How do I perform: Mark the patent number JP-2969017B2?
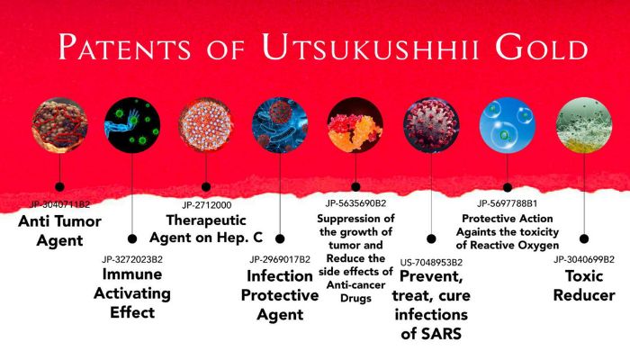280,260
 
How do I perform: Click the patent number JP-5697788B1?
508,204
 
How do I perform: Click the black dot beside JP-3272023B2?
132,239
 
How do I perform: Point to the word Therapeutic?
206,220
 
